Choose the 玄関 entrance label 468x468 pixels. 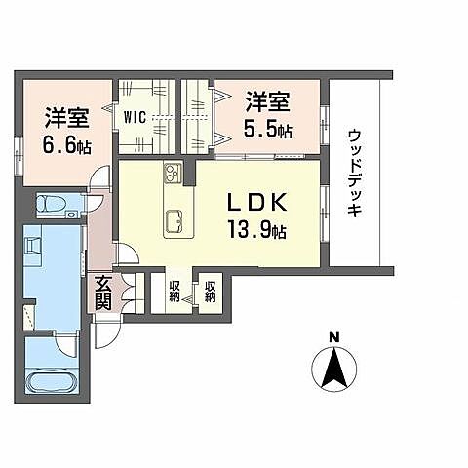click(x=102, y=294)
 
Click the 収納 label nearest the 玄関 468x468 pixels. click(x=175, y=292)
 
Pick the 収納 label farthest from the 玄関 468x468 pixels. click(x=210, y=292)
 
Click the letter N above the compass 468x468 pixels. click(x=334, y=337)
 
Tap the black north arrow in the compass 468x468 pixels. click(x=333, y=368)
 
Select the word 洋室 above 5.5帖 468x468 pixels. click(x=266, y=101)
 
